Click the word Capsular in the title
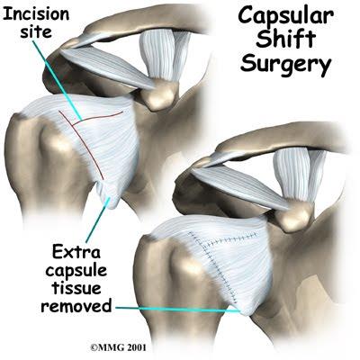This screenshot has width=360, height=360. point(285,18)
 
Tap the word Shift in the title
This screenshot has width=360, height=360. point(286,39)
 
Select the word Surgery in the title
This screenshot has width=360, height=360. point(286,64)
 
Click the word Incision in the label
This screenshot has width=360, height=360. point(36,13)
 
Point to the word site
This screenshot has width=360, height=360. point(36,31)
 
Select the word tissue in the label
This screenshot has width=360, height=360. point(76,288)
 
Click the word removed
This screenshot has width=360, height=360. point(76,306)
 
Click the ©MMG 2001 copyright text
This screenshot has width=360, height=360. point(119,347)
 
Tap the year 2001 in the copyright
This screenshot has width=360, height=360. point(137,347)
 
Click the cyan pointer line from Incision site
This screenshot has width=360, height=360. point(57,80)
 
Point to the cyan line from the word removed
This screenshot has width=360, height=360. point(178,310)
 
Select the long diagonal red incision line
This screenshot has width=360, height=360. point(81,145)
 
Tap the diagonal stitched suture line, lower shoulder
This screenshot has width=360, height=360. point(214,267)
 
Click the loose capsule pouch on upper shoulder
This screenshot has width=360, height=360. point(107,194)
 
